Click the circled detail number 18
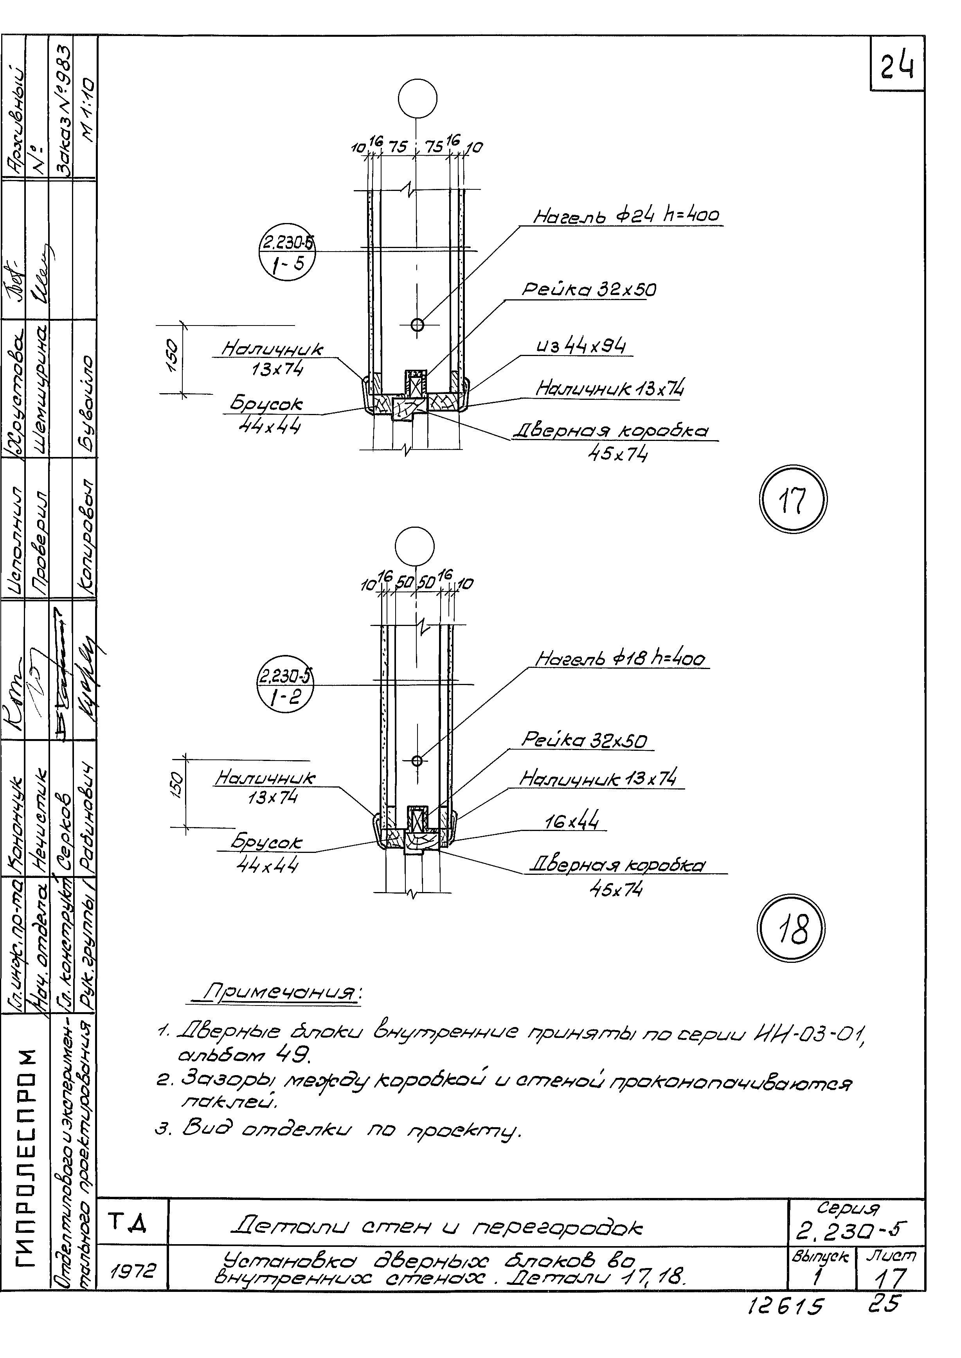[790, 927]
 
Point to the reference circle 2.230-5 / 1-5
[287, 253]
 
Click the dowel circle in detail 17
[417, 324]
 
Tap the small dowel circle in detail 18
[417, 760]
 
